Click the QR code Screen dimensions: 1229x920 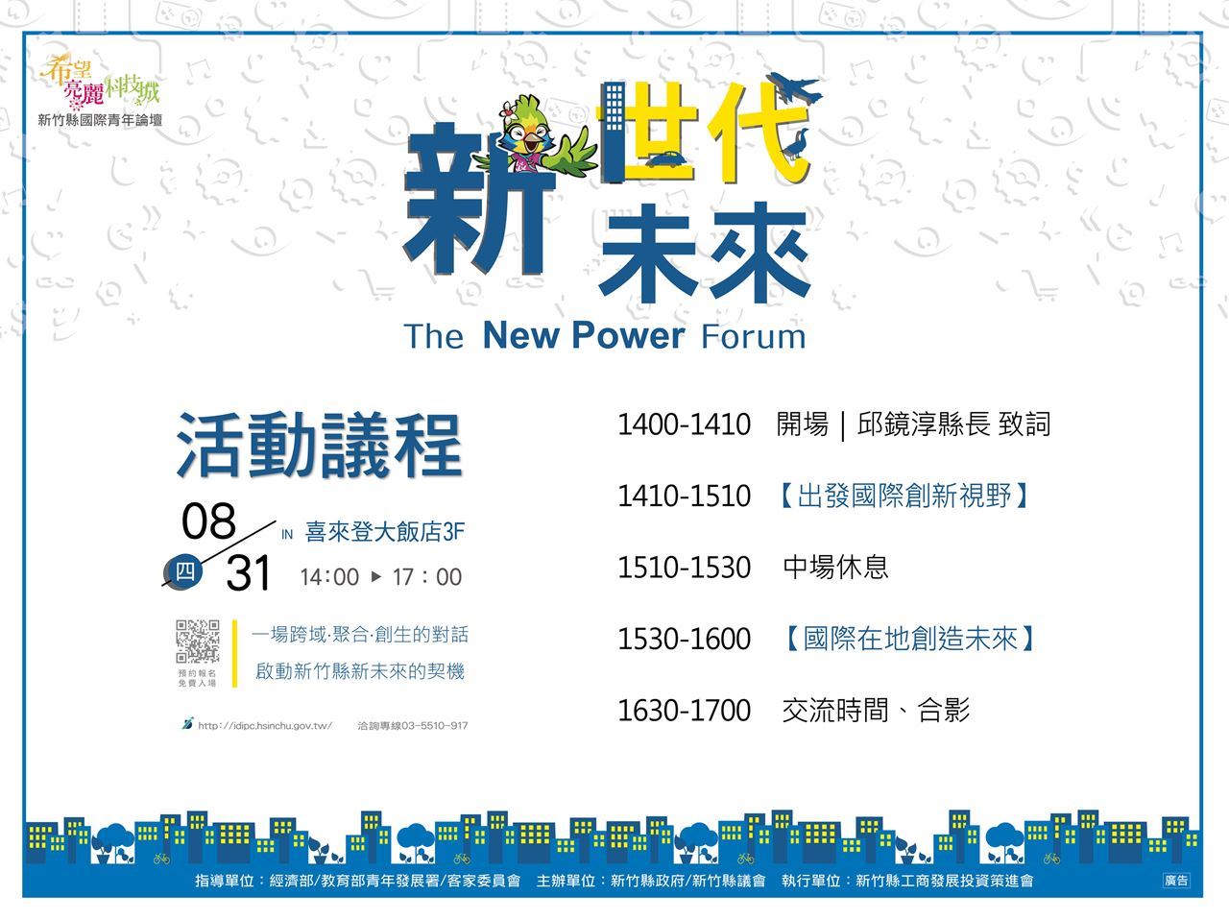(198, 642)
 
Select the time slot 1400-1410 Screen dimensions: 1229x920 (684, 424)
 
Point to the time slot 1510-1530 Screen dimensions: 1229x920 (684, 568)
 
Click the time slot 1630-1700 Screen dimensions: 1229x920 (684, 711)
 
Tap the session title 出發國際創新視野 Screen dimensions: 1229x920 (904, 496)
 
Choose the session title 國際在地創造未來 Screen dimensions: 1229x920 (911, 639)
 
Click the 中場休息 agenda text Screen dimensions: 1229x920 (835, 567)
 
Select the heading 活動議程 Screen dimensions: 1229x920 (319, 446)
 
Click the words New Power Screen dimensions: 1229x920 (584, 336)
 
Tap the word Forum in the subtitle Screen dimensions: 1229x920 (754, 336)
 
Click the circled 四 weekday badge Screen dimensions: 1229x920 (184, 571)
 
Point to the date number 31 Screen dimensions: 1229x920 (249, 572)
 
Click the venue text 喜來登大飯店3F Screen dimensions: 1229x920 (385, 532)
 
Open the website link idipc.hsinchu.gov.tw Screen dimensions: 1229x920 (264, 726)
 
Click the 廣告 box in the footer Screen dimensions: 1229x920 (1176, 881)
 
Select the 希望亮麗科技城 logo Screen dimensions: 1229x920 (100, 83)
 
